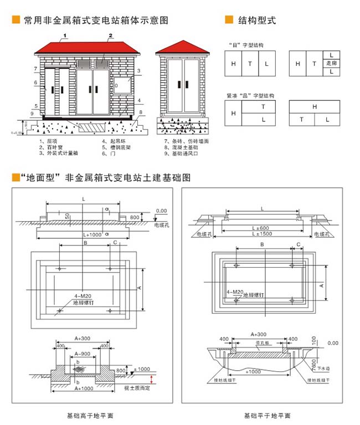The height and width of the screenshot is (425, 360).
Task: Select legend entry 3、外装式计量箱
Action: [58, 153]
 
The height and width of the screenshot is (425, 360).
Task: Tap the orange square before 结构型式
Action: [228, 21]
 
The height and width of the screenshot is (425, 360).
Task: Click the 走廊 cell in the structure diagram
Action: [331, 63]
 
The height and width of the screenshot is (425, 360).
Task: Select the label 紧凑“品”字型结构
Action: [246, 95]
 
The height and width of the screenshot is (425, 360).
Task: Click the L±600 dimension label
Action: [260, 228]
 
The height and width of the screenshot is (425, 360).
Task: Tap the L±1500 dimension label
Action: [260, 235]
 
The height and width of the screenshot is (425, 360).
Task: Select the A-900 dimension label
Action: [83, 354]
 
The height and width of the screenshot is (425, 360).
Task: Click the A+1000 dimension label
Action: [83, 389]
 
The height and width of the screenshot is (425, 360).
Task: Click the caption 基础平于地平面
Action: [267, 416]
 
